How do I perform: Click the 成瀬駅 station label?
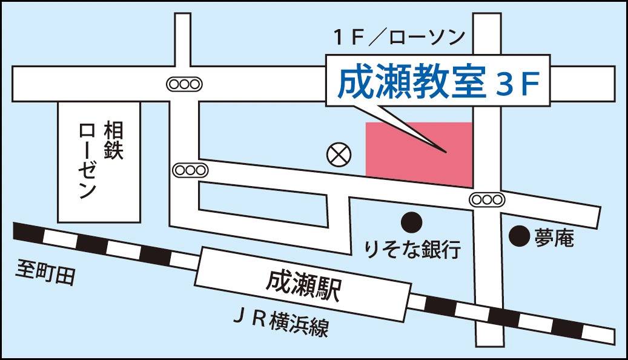coord(303,284)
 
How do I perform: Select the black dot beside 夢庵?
coord(518,236)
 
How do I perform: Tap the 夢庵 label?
coord(554,238)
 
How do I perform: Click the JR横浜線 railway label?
coord(281,322)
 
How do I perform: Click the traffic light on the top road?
coord(183,84)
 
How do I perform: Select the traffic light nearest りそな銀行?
coord(487,199)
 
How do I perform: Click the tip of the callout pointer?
coord(446,152)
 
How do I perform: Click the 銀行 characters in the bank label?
coord(443,248)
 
